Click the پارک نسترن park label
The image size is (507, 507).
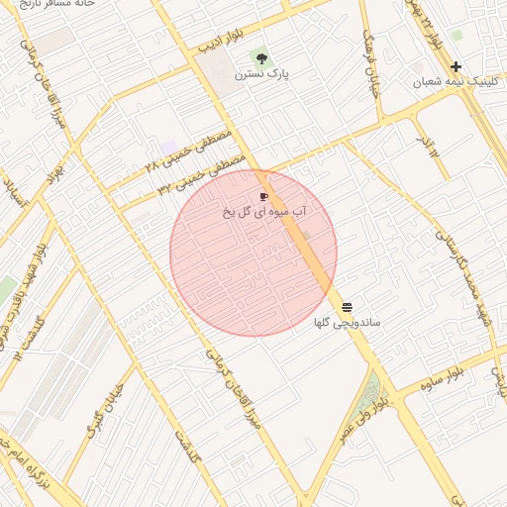(258, 73)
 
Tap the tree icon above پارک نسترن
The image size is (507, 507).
(260, 57)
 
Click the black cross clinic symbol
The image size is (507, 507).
(456, 66)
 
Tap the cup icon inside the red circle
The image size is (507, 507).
(263, 197)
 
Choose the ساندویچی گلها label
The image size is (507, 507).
(347, 323)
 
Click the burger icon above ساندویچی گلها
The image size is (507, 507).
(347, 307)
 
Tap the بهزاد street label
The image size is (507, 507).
(54, 175)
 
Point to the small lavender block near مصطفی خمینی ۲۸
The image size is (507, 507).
(169, 148)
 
